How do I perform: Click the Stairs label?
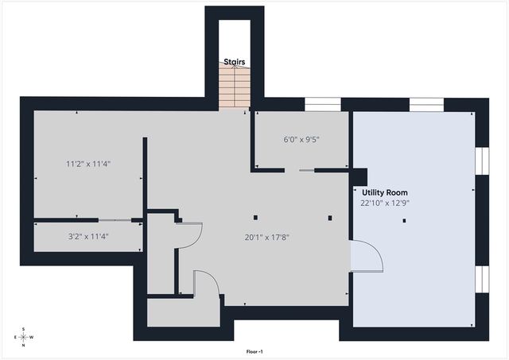(234, 61)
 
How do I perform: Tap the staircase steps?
(234, 87)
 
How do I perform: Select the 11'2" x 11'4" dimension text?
(87, 165)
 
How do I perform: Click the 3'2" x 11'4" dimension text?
(87, 236)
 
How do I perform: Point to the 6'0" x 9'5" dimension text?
(302, 139)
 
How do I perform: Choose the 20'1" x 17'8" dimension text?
(266, 236)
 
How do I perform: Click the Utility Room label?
(385, 192)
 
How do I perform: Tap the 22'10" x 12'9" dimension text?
(386, 203)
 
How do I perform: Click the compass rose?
(24, 337)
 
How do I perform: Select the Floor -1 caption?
(254, 350)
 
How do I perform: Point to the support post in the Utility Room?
(405, 221)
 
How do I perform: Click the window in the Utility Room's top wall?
(426, 103)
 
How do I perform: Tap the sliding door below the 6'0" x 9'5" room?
(305, 169)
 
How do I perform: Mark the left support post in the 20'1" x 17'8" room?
(255, 217)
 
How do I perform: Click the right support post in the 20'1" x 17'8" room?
(328, 217)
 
